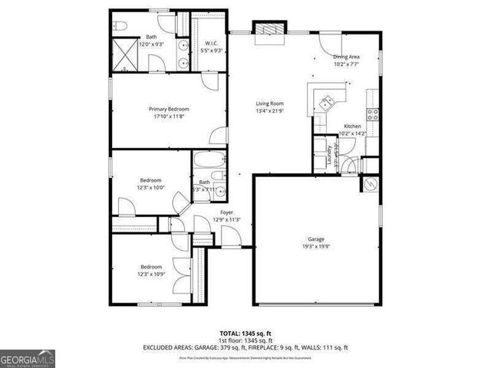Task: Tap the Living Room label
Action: point(270,103)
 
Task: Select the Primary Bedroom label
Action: point(169,109)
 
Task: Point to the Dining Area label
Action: point(346,57)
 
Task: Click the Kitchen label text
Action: point(352,126)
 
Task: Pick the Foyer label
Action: point(227,212)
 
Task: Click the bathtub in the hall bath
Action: point(209,163)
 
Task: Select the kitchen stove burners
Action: point(372,115)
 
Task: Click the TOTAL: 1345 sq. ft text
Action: point(245,333)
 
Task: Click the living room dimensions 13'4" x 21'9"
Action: point(270,110)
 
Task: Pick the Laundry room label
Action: point(330,156)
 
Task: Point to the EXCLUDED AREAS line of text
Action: point(245,347)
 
